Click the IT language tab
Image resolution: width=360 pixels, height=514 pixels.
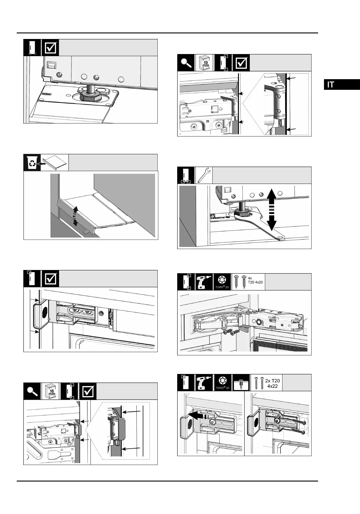click(342, 84)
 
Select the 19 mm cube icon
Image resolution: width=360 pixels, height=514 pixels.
click(204, 63)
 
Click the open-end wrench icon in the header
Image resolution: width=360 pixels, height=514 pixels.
click(204, 175)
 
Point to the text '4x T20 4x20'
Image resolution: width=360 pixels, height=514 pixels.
click(255, 280)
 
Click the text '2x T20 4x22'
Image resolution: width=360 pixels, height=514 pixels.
click(272, 383)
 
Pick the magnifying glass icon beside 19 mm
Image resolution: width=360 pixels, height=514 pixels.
click(186, 63)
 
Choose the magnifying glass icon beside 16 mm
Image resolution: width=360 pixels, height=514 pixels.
click(32, 391)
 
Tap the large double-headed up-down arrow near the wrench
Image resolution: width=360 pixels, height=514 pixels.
click(272, 210)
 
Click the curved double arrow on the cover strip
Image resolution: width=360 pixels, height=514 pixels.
click(75, 217)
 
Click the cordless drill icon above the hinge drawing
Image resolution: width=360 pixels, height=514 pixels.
click(204, 282)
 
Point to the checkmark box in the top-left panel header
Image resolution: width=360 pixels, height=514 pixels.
click(50, 48)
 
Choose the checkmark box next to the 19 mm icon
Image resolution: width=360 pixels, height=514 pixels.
click(241, 63)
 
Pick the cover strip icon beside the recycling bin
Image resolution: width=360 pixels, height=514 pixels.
click(55, 162)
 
